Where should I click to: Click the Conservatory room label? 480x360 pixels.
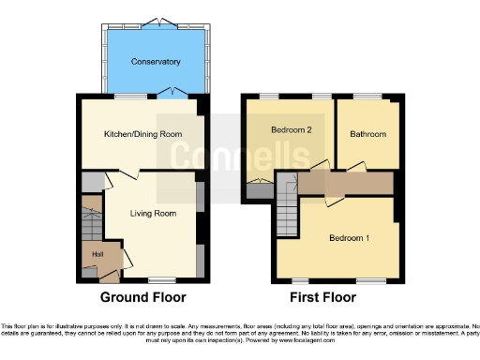click(156, 62)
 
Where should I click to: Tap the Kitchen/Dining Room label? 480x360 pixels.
click(142, 134)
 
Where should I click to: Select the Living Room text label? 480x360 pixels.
click(153, 213)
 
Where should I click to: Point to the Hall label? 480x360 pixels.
click(97, 252)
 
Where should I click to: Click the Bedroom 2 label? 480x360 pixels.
click(291, 129)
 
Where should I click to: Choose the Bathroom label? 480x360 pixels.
click(367, 134)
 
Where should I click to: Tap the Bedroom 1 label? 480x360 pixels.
click(348, 237)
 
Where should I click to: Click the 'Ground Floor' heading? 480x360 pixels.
click(143, 297)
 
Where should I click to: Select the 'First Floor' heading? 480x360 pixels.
click(322, 297)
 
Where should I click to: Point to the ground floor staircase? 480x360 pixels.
click(91, 223)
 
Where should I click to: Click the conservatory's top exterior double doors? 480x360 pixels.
click(156, 20)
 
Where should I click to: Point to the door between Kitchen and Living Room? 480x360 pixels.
click(132, 175)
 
